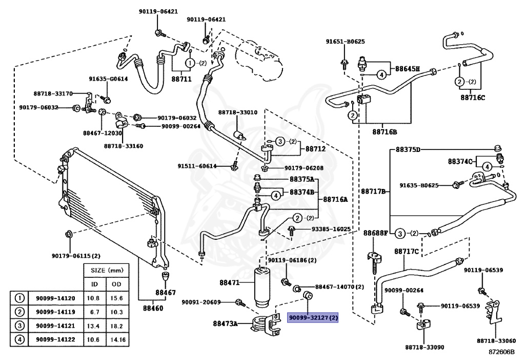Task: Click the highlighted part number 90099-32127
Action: click(313, 317)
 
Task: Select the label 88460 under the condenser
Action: click(153, 309)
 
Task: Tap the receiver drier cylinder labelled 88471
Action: click(262, 287)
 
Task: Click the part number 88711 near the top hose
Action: click(181, 79)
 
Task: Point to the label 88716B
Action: click(385, 132)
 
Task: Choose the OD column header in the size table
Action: click(116, 284)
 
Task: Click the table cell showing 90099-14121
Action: click(55, 326)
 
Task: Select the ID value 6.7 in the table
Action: click(95, 312)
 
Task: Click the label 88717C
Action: click(407, 252)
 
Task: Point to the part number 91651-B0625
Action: click(345, 42)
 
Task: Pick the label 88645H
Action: click(408, 69)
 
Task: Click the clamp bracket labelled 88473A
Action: click(267, 324)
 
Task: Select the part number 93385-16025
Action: click(331, 229)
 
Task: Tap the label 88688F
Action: click(376, 233)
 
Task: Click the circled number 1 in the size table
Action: click(20, 298)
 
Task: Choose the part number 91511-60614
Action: click(197, 166)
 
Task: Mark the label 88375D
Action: click(408, 149)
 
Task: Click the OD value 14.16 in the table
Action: click(118, 339)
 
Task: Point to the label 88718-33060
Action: click(496, 341)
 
